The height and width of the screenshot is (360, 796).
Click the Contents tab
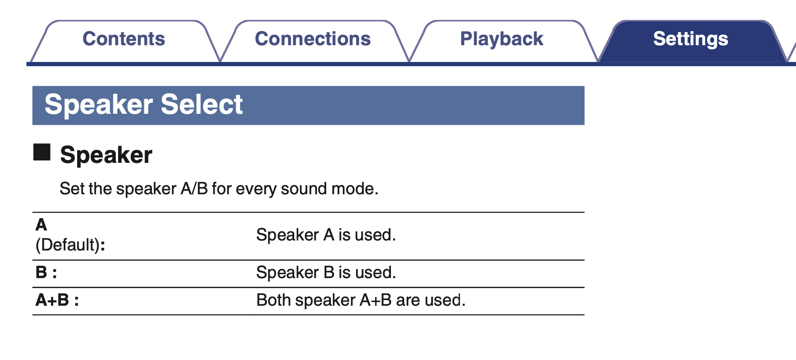[x=124, y=41]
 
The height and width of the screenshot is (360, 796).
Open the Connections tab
[x=313, y=41]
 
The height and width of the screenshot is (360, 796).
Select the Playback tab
[x=502, y=41]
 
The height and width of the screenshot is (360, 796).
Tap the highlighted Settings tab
[x=691, y=41]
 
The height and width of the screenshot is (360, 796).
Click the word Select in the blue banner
[x=201, y=104]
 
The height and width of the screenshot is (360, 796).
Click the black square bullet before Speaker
[x=41, y=152]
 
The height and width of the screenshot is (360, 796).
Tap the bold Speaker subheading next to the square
[x=106, y=155]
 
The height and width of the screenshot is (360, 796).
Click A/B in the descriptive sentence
[x=194, y=189]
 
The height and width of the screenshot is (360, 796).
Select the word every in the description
[x=256, y=189]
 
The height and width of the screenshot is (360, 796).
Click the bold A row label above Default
[x=41, y=225]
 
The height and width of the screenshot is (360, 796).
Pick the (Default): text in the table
[x=70, y=245]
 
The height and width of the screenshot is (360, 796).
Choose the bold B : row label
[x=46, y=272]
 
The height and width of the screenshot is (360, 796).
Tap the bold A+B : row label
[x=57, y=300]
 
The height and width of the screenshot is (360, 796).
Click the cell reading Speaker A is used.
[x=326, y=235]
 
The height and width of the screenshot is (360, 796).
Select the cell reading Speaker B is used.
[x=326, y=272]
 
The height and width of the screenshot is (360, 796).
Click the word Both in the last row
[x=273, y=300]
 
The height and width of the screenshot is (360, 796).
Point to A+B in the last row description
[x=376, y=300]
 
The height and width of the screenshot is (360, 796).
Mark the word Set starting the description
[x=72, y=189]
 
